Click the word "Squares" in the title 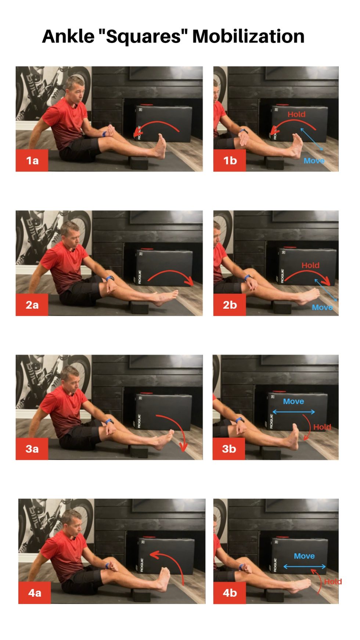[x=144, y=36]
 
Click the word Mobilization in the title [x=248, y=36]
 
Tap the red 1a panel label [x=32, y=161]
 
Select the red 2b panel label [x=230, y=305]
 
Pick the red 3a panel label [x=32, y=449]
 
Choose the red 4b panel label [x=230, y=593]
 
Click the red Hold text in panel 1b [x=296, y=114]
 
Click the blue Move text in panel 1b [x=314, y=161]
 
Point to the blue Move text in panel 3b [x=294, y=402]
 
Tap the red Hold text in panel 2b [x=310, y=265]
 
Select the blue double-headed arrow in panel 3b [x=294, y=412]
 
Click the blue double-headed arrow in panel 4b [x=305, y=567]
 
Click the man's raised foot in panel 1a [x=161, y=146]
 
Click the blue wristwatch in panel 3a [x=109, y=421]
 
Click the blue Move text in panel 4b [x=304, y=556]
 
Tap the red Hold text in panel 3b [x=322, y=427]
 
